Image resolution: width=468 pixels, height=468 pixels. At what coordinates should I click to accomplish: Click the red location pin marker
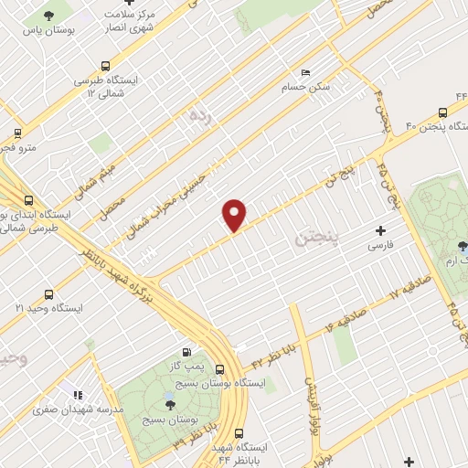click(x=235, y=214)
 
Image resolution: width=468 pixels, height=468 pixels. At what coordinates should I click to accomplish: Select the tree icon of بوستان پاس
click(x=48, y=16)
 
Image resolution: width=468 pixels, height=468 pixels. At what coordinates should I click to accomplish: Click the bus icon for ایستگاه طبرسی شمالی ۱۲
click(x=107, y=66)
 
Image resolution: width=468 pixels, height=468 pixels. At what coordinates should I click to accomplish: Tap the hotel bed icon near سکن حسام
click(x=305, y=72)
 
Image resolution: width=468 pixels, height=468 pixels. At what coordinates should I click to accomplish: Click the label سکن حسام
click(x=307, y=88)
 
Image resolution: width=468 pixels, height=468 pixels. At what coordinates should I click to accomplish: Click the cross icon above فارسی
click(x=381, y=230)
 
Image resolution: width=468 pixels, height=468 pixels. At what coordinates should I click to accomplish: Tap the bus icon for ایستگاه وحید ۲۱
click(x=48, y=294)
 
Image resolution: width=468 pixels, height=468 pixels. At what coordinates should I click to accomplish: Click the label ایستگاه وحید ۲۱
click(x=55, y=308)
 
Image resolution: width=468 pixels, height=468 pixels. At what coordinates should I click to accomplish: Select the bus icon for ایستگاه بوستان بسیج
click(x=219, y=369)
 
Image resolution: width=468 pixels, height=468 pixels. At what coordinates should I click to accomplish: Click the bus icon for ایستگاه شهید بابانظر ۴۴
click(x=239, y=433)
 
